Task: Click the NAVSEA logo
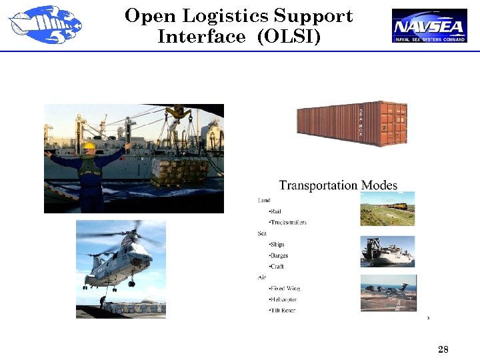[x=429, y=25]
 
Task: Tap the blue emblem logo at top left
[x=45, y=25]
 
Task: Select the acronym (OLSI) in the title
[x=288, y=37]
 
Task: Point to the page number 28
[x=443, y=349]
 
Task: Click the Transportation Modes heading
[x=338, y=185]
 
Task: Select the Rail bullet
[x=275, y=211]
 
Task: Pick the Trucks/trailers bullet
[x=287, y=222]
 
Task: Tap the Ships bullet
[x=276, y=245]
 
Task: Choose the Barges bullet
[x=278, y=255]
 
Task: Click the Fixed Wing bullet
[x=284, y=289]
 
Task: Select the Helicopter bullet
[x=283, y=299]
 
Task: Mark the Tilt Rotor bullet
[x=281, y=311]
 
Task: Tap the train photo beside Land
[x=387, y=209]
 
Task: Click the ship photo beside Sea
[x=387, y=251]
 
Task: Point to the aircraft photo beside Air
[x=389, y=292]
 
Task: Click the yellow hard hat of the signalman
[x=89, y=145]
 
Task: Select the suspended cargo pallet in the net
[x=179, y=171]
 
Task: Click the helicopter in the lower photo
[x=123, y=257]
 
